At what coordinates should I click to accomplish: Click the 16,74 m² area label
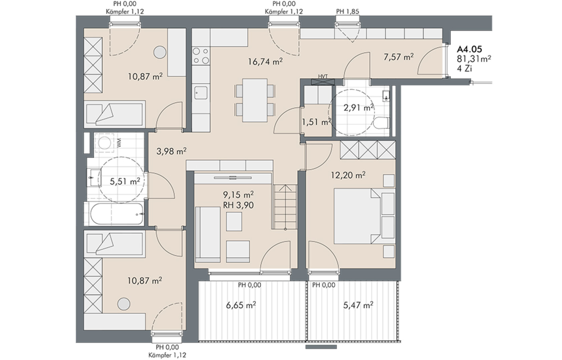click(x=265, y=61)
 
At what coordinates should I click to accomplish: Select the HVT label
click(x=323, y=76)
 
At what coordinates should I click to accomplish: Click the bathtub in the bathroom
click(x=117, y=214)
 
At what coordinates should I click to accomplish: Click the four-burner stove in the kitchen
click(x=201, y=56)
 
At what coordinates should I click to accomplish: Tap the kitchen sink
click(x=201, y=93)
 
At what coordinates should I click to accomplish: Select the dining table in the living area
click(x=255, y=100)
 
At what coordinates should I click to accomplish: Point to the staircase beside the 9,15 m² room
click(x=285, y=207)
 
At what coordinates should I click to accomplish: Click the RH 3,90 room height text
click(x=238, y=205)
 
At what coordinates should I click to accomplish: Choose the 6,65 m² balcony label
click(x=241, y=305)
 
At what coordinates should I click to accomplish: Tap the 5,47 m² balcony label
click(x=358, y=305)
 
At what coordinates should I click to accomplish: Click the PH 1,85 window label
click(x=348, y=12)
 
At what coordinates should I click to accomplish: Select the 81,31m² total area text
click(x=474, y=58)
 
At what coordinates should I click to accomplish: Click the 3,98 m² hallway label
click(x=171, y=151)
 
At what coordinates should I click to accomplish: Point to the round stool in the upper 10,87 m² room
click(x=160, y=53)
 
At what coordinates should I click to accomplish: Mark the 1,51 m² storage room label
click(x=316, y=122)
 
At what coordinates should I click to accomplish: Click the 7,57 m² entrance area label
click(x=399, y=57)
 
